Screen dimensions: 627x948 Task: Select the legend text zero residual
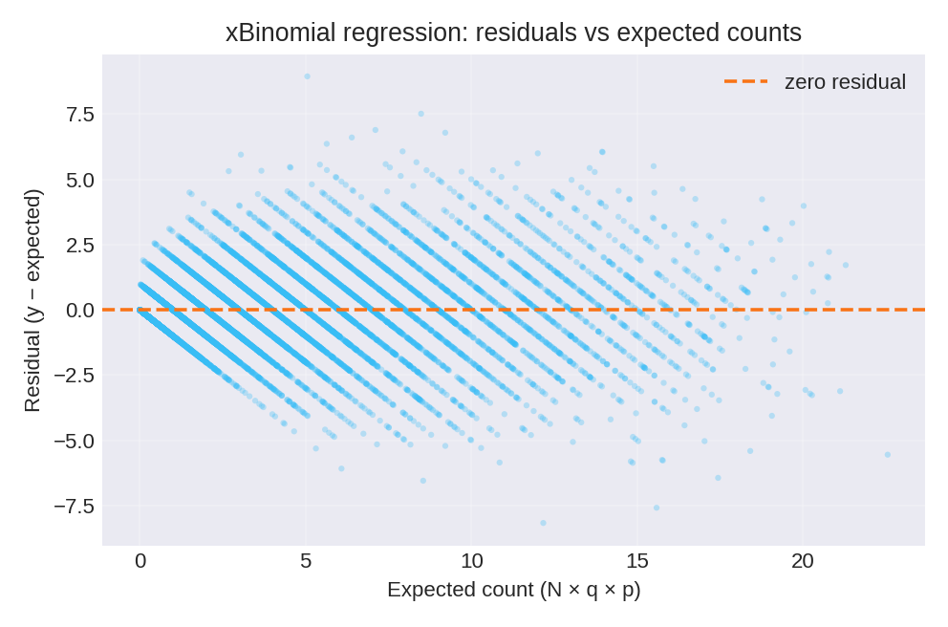[x=845, y=82]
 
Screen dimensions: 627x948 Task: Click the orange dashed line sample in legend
[x=745, y=82]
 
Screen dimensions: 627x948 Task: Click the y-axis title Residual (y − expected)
[x=32, y=300]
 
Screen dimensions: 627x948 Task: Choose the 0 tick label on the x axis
[x=140, y=561]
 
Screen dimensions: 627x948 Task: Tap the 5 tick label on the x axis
[x=306, y=561]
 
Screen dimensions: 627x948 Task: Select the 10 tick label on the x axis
[x=471, y=561]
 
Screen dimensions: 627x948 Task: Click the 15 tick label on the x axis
[x=637, y=561]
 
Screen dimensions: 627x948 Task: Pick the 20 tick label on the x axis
[x=803, y=561]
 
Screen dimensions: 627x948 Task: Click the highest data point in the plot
[x=307, y=76]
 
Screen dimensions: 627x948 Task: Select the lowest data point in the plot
[x=543, y=523]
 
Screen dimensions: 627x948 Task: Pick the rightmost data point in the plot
[x=887, y=455]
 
